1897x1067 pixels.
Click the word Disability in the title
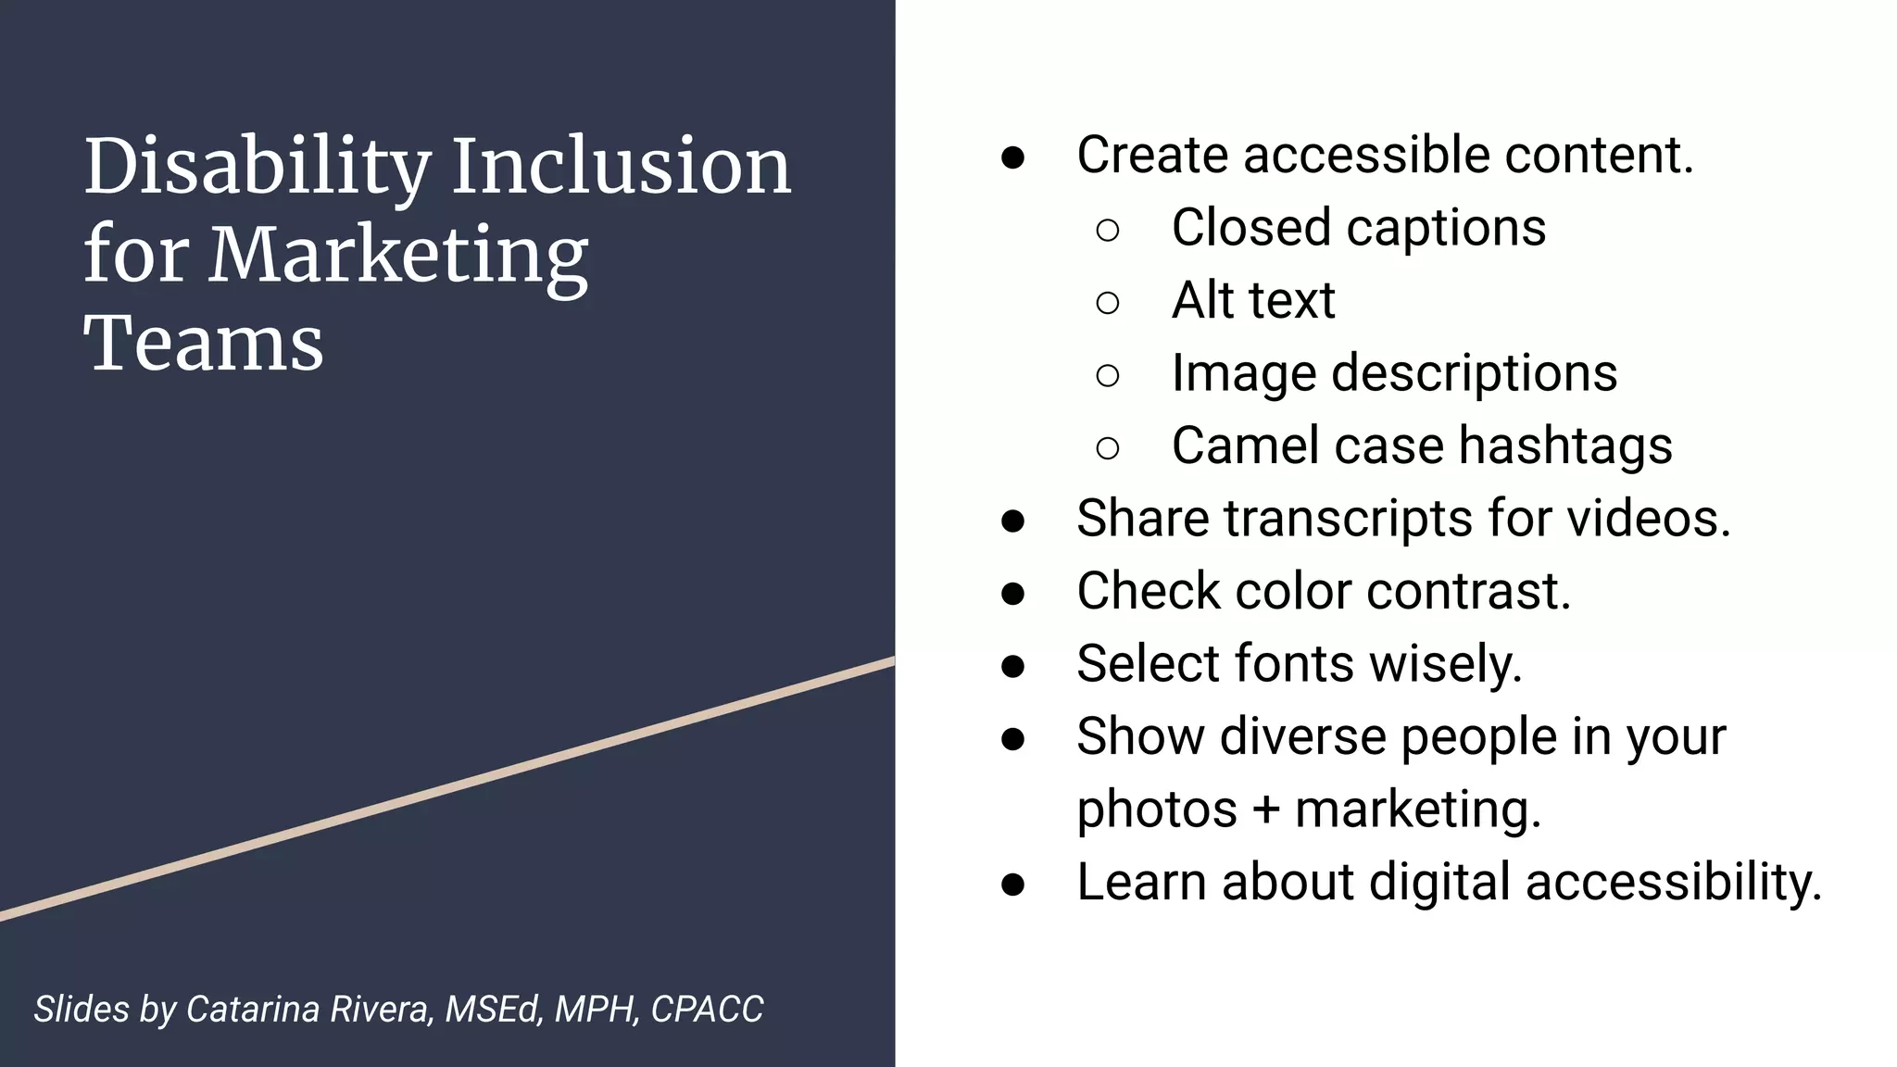(257, 169)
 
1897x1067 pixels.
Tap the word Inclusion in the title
(621, 167)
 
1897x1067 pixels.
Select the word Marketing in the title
(398, 255)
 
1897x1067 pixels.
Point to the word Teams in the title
(204, 344)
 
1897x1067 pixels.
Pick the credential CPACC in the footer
(707, 1010)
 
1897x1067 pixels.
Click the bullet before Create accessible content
(1012, 157)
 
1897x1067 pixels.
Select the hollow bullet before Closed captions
(1107, 230)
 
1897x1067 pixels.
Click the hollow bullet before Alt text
(1107, 302)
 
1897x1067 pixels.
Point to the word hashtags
(1565, 446)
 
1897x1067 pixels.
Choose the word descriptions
(1474, 374)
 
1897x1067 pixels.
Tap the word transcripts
(1348, 519)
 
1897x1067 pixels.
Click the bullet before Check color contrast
(1012, 593)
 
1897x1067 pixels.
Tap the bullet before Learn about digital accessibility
(1012, 884)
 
